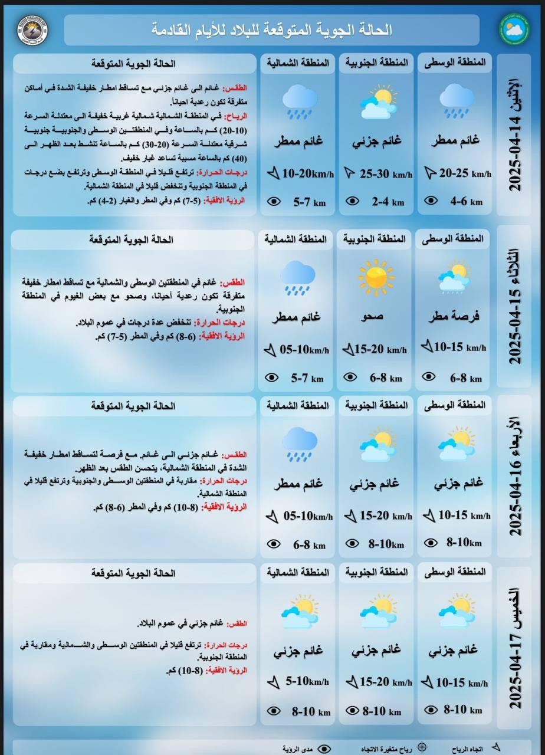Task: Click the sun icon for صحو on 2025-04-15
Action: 376,277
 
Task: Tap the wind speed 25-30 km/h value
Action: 386,174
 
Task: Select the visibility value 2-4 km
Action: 388,202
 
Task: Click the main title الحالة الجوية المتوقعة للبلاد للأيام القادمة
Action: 272,30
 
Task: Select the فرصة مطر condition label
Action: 454,317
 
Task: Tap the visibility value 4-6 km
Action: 466,201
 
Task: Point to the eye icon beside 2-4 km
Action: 352,201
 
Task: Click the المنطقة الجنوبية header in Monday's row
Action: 376,64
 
